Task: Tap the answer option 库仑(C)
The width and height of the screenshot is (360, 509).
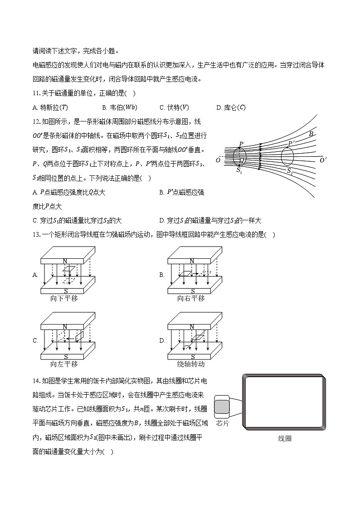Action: pyautogui.click(x=232, y=107)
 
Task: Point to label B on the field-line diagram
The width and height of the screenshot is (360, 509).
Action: pyautogui.click(x=311, y=134)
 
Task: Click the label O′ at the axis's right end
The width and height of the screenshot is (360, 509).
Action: pyautogui.click(x=323, y=160)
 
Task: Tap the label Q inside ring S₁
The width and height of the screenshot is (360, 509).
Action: pyautogui.click(x=242, y=160)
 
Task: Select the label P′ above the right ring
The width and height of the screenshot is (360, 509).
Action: pyautogui.click(x=292, y=144)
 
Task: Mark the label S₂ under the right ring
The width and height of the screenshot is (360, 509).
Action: pyautogui.click(x=290, y=171)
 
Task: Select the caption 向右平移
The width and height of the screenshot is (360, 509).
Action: pyautogui.click(x=191, y=298)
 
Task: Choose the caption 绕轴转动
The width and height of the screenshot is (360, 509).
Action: pyautogui.click(x=191, y=364)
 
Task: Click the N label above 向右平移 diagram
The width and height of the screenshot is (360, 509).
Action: pyautogui.click(x=192, y=261)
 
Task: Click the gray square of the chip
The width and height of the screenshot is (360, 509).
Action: pyautogui.click(x=222, y=407)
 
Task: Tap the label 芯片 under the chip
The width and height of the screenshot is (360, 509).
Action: pyautogui.click(x=223, y=423)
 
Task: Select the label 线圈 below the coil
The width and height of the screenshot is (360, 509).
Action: pyautogui.click(x=285, y=438)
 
